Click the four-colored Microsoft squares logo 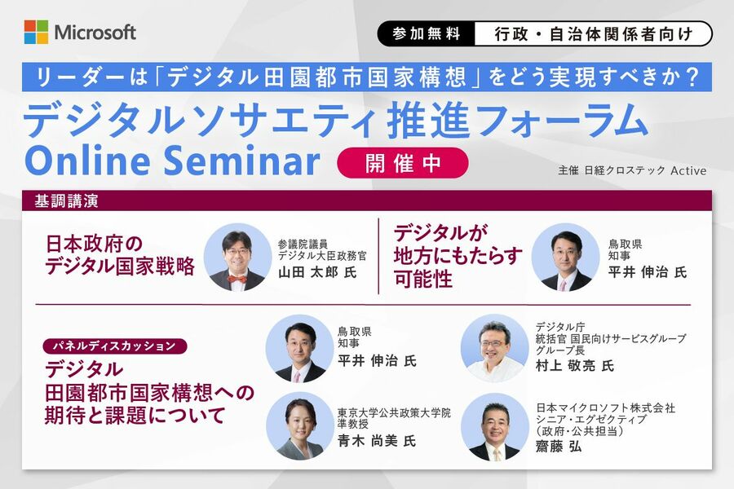point(36,32)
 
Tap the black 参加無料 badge point(427,33)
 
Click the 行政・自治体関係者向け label point(593,34)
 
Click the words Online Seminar point(172,160)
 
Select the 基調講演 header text point(66,201)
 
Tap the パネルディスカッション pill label point(115,346)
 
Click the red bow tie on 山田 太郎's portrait point(237,280)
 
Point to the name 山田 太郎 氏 point(317,272)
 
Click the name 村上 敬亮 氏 point(575,365)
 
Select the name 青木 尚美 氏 point(377,441)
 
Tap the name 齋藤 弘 point(559,447)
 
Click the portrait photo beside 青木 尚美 point(299,426)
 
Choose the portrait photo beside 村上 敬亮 point(495,348)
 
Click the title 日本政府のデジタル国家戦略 point(120,255)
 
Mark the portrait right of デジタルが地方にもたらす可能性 point(565,257)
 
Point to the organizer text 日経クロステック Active point(646,170)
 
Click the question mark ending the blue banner point(692,77)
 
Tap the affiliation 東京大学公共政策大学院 point(394,412)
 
